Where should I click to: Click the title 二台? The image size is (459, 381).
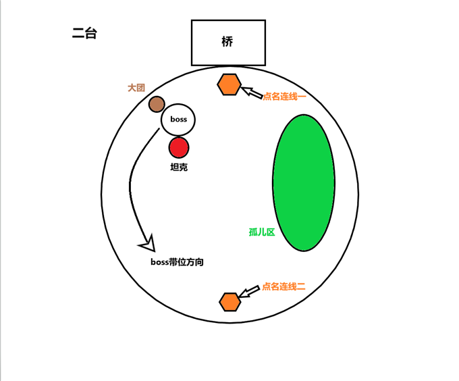tap(84, 33)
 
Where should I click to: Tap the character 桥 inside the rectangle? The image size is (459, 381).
tap(227, 41)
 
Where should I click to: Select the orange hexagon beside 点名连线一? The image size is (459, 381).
tap(230, 84)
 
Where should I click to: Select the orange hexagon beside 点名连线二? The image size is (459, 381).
tap(230, 302)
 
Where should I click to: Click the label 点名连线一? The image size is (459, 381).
tap(284, 97)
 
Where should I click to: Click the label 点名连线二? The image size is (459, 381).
tap(284, 286)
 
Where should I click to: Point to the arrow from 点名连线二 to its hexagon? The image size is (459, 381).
tap(250, 292)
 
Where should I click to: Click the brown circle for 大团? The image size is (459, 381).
tap(157, 104)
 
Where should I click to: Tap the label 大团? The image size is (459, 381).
tap(136, 88)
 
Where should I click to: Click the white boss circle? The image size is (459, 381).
tap(178, 120)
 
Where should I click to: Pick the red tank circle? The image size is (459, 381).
tap(179, 147)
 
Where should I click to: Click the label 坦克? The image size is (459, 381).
tap(179, 167)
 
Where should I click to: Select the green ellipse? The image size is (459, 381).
tap(304, 182)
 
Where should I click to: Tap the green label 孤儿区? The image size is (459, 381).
tap(262, 232)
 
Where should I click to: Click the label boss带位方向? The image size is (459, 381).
tap(177, 261)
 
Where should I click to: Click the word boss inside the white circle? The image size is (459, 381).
tap(178, 120)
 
